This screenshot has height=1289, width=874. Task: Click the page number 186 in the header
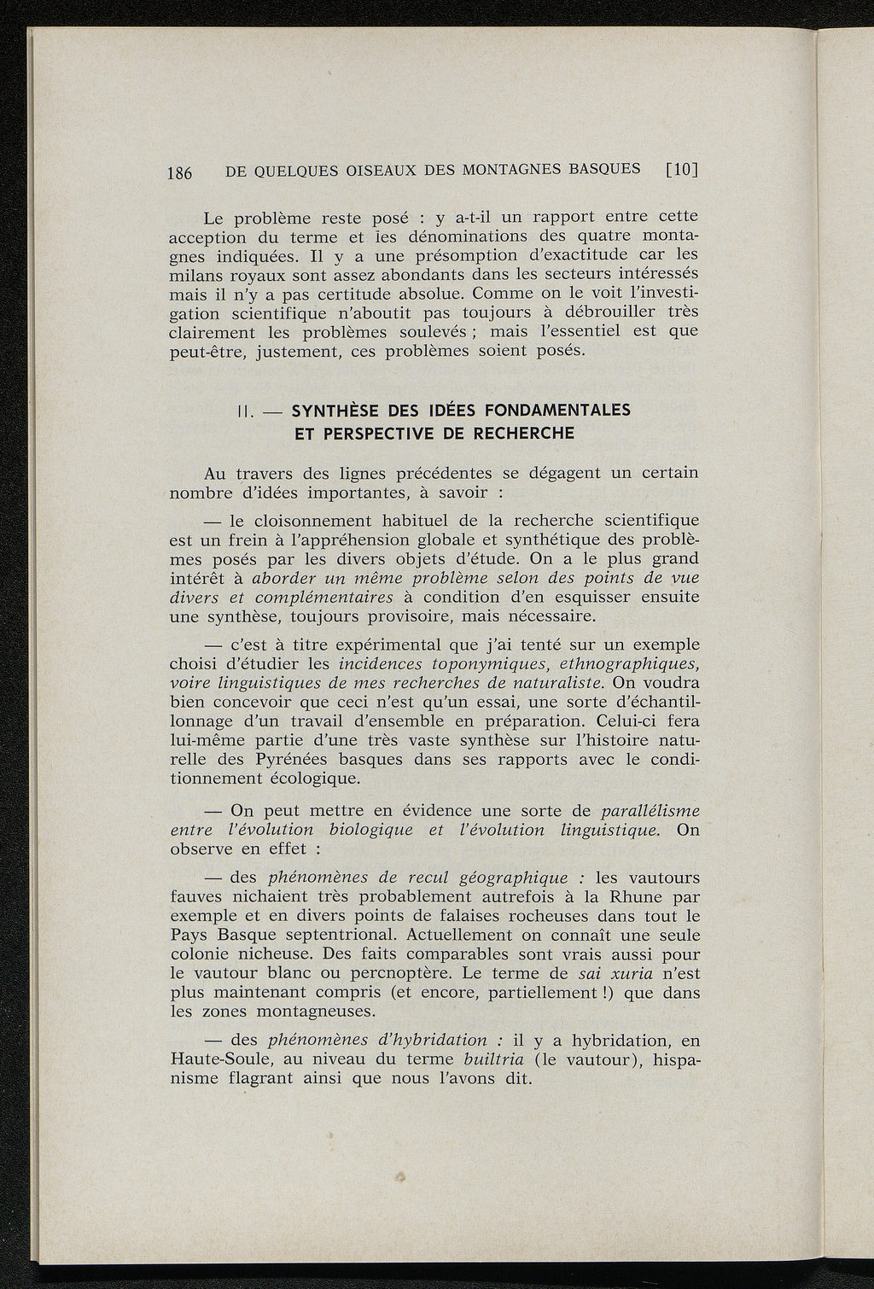pos(180,172)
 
